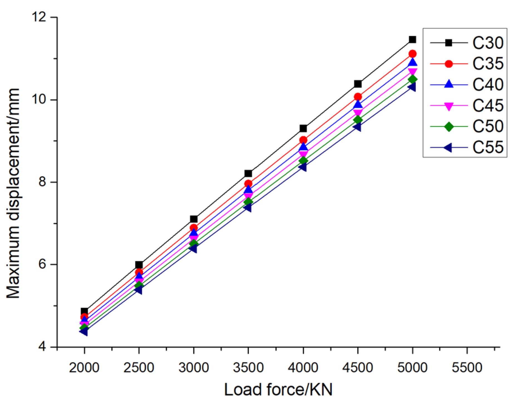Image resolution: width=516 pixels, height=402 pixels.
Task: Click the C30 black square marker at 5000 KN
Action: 412,40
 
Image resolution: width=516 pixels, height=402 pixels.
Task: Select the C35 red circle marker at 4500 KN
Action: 358,97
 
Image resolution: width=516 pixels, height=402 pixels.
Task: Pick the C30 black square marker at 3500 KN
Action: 248,174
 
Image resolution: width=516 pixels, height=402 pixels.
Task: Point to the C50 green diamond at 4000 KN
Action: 303,161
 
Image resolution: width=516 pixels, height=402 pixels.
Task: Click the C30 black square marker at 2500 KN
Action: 139,265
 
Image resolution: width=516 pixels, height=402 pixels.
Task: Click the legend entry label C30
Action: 488,43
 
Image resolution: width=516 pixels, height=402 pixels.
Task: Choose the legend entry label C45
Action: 488,106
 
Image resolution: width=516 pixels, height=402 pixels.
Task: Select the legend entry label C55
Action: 488,148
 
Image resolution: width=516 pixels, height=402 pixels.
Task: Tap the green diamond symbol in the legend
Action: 449,127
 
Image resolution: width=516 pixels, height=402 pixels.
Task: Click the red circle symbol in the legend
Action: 449,64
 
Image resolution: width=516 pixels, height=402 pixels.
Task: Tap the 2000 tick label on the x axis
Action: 84,368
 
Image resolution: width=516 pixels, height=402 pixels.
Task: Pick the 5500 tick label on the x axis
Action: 467,368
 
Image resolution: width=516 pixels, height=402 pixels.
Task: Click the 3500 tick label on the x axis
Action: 248,368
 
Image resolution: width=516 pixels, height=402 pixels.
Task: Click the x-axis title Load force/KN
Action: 278,390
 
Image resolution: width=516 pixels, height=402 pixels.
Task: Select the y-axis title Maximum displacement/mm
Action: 13,193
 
